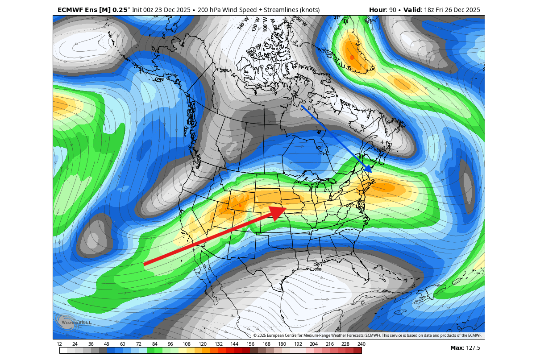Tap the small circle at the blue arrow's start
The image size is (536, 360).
(x=302, y=107)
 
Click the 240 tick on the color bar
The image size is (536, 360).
(x=361, y=344)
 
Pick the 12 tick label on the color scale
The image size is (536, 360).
(x=59, y=344)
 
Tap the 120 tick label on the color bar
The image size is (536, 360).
(x=202, y=344)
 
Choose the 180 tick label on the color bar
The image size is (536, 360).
(x=282, y=344)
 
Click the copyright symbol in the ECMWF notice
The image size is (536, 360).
(x=255, y=335)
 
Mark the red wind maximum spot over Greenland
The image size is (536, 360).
(x=352, y=57)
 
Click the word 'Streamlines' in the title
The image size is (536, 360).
(x=274, y=9)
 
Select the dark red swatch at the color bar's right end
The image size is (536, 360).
(x=358, y=351)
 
